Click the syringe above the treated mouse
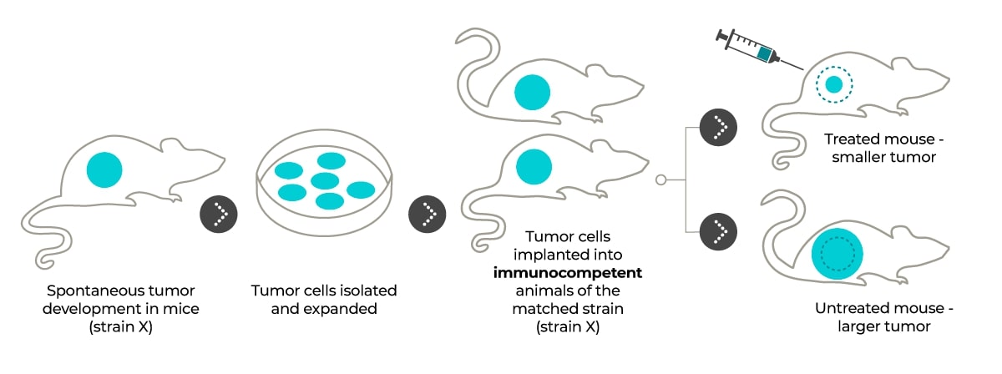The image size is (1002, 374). [759, 49]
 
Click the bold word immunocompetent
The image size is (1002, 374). [568, 272]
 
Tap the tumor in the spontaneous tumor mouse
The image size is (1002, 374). [104, 170]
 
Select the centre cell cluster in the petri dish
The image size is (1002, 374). [325, 181]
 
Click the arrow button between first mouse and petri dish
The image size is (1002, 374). [218, 215]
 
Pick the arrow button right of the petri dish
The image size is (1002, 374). [428, 215]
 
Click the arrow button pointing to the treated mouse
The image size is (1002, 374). [718, 128]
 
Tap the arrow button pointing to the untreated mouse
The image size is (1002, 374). [718, 232]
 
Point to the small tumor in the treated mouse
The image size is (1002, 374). [834, 84]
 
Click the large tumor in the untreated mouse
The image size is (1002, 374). [838, 254]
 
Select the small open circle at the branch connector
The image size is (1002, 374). [660, 179]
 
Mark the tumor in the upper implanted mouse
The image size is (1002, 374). [533, 92]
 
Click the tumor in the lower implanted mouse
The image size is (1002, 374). [534, 167]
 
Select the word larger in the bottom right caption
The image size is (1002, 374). [858, 327]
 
